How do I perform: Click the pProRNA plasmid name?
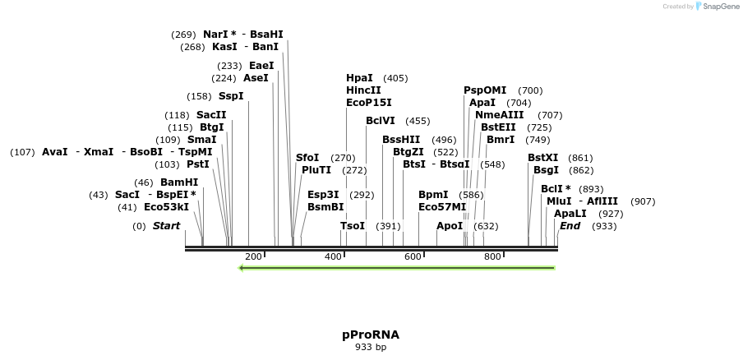371,335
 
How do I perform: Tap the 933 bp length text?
371,348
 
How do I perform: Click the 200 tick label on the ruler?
253,257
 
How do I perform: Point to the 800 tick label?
492,257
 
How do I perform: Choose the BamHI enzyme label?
179,182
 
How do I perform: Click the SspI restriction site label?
231,96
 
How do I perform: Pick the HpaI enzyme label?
359,78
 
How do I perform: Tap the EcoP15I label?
369,103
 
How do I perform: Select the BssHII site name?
401,140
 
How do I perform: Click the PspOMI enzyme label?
485,90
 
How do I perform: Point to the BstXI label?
542,158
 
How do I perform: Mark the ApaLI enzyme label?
570,214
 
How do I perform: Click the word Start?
166,226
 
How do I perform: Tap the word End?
570,226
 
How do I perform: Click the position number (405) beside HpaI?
395,78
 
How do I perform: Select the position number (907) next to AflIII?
643,201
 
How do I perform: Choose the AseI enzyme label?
256,78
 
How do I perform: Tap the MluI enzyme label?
559,201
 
